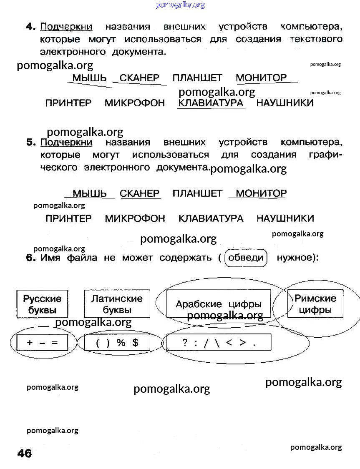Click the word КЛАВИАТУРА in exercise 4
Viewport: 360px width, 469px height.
click(x=211, y=103)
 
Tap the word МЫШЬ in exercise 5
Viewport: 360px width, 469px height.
click(x=90, y=193)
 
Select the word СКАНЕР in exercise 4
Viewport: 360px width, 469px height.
click(x=139, y=78)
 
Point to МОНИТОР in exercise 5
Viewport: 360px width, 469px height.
click(x=261, y=193)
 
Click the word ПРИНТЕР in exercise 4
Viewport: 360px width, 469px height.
click(x=68, y=103)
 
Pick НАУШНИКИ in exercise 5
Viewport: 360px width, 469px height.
click(x=285, y=218)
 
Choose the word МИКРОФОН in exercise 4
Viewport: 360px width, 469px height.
click(x=135, y=103)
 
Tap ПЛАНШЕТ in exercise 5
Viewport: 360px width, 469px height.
click(x=197, y=193)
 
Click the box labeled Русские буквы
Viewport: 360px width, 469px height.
click(x=42, y=304)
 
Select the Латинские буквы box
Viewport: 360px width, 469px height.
click(x=117, y=304)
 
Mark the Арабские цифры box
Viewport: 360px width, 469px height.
click(x=219, y=304)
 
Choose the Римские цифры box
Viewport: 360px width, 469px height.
click(x=315, y=304)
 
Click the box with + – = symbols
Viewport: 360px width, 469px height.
click(x=42, y=343)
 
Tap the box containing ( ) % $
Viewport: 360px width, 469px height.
click(x=117, y=343)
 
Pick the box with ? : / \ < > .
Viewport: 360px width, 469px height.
click(x=219, y=343)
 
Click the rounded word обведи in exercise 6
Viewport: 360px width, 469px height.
click(x=246, y=258)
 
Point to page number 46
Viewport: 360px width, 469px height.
click(x=25, y=453)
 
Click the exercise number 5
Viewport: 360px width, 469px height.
click(x=31, y=142)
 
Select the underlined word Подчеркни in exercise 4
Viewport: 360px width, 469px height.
click(x=66, y=27)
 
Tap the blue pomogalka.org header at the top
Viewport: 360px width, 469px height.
click(x=180, y=5)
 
